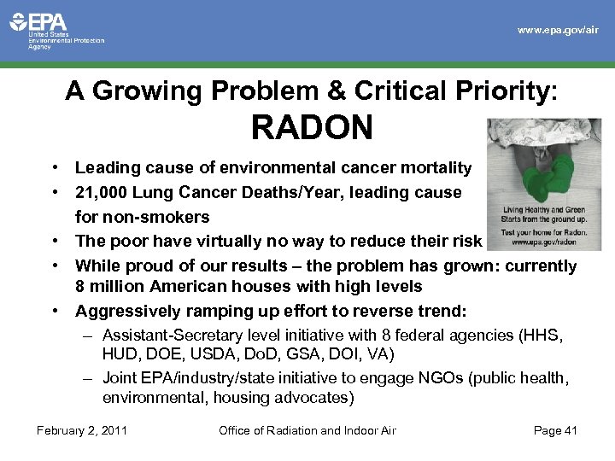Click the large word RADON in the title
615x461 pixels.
[x=312, y=128]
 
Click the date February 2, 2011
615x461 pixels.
[x=82, y=430]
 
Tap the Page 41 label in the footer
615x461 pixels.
[x=555, y=430]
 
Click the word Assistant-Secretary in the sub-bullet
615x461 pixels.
[x=171, y=335]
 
